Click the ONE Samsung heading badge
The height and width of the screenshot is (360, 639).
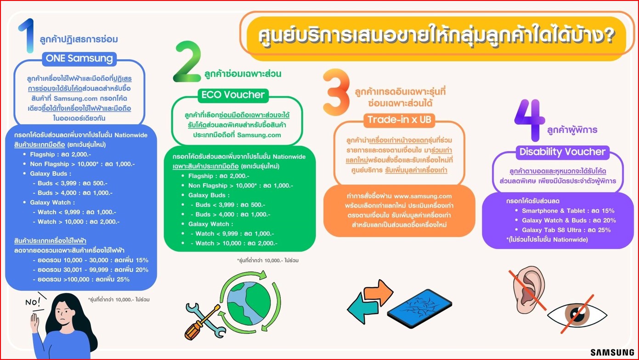(x=79, y=59)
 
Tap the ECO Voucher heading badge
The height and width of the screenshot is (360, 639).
(x=233, y=95)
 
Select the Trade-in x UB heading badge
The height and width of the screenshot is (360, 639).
(x=399, y=120)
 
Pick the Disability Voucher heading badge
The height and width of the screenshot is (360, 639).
(x=562, y=152)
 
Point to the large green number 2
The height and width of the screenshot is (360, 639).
(x=187, y=62)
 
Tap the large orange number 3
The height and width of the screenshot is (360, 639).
(x=337, y=92)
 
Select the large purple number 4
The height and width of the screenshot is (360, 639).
(x=530, y=120)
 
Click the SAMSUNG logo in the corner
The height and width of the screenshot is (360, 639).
(x=612, y=352)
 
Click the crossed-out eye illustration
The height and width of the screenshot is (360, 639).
(x=577, y=315)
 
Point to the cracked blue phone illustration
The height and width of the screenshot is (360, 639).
(x=419, y=308)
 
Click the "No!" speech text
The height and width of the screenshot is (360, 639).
(x=33, y=302)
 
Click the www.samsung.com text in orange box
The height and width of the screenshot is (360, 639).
(x=423, y=196)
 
